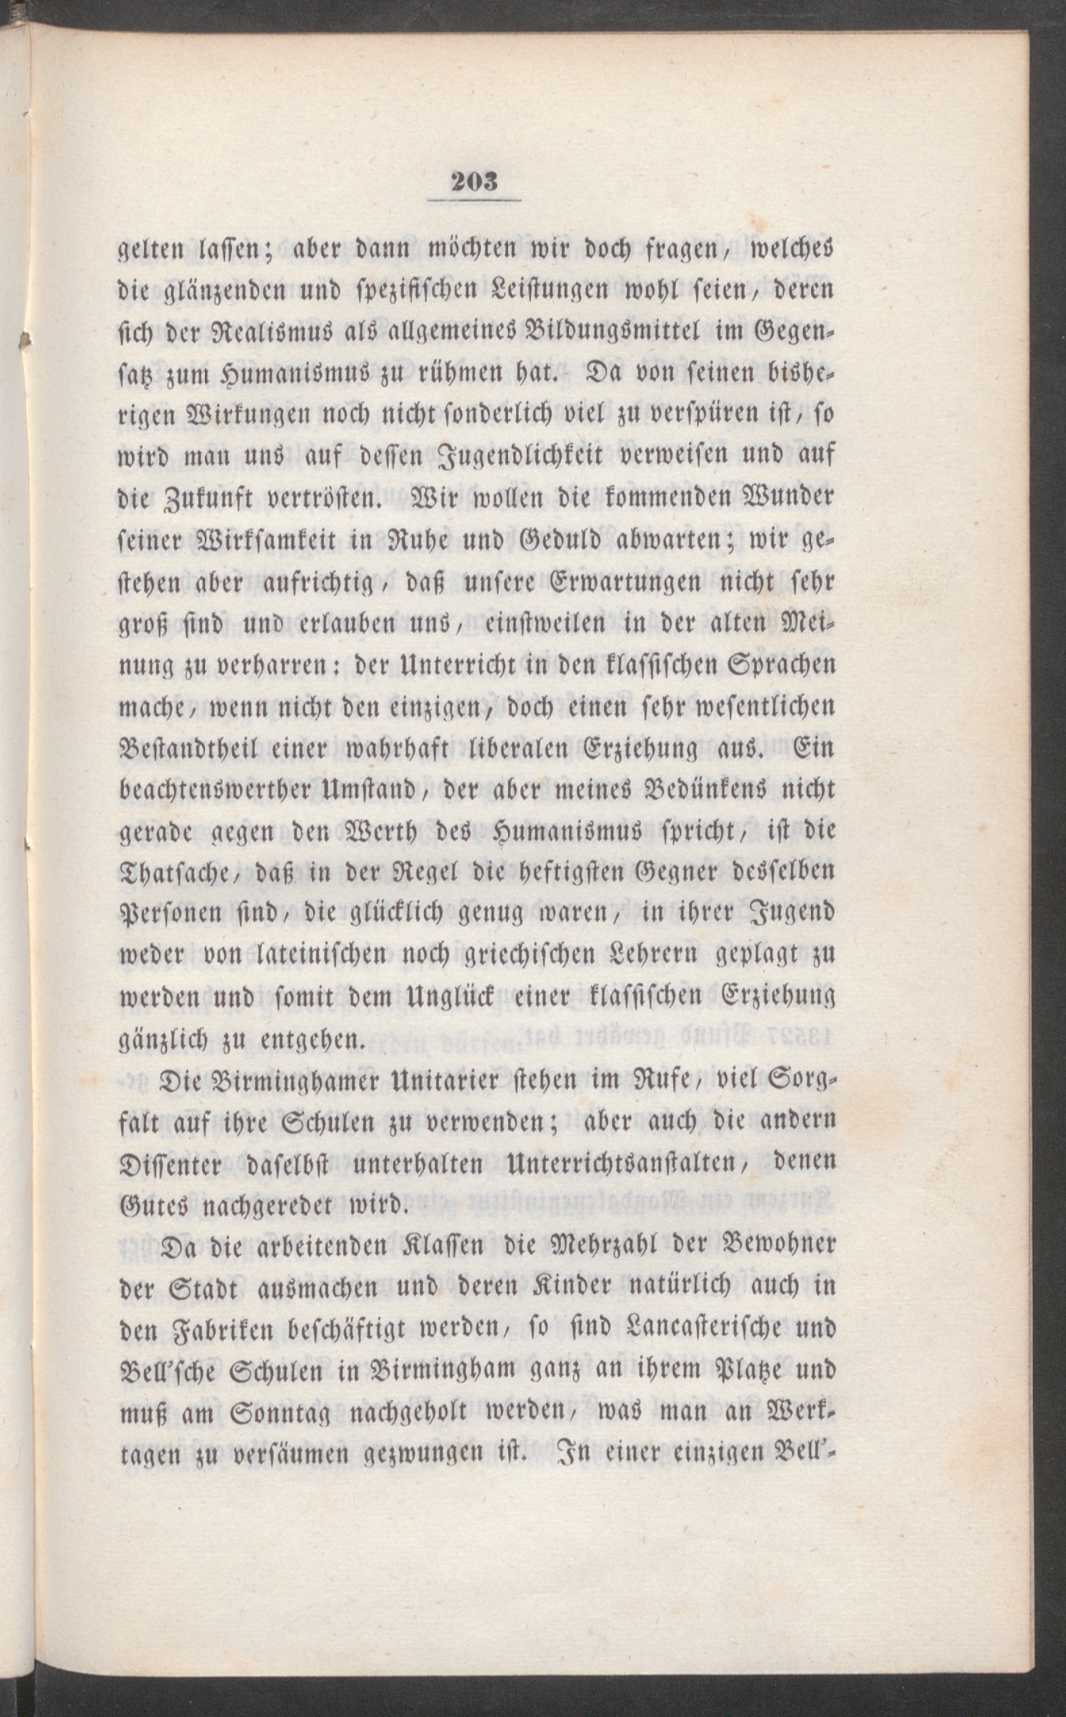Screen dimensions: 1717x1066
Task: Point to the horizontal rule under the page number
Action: [473, 202]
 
